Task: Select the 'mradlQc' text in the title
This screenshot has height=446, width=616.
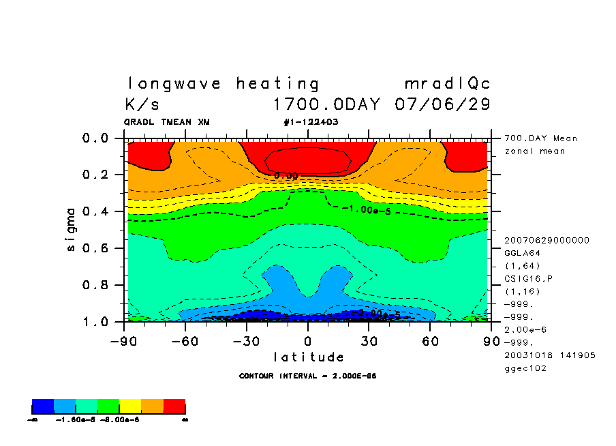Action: coord(447,85)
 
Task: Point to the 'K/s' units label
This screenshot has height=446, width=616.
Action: coord(142,105)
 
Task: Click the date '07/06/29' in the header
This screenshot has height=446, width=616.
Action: coord(442,105)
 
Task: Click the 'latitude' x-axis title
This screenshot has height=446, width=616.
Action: coord(309,357)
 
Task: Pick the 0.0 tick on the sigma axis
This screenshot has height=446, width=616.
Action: coord(95,138)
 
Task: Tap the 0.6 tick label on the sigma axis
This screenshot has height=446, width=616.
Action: coord(95,248)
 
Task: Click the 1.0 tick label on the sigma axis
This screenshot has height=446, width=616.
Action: coord(95,321)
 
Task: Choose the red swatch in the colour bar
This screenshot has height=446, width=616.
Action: coord(174,407)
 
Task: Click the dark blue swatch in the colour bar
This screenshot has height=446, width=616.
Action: coord(43,407)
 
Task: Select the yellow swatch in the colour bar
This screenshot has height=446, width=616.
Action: coord(130,407)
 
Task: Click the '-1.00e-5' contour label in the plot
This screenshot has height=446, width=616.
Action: coord(366,209)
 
